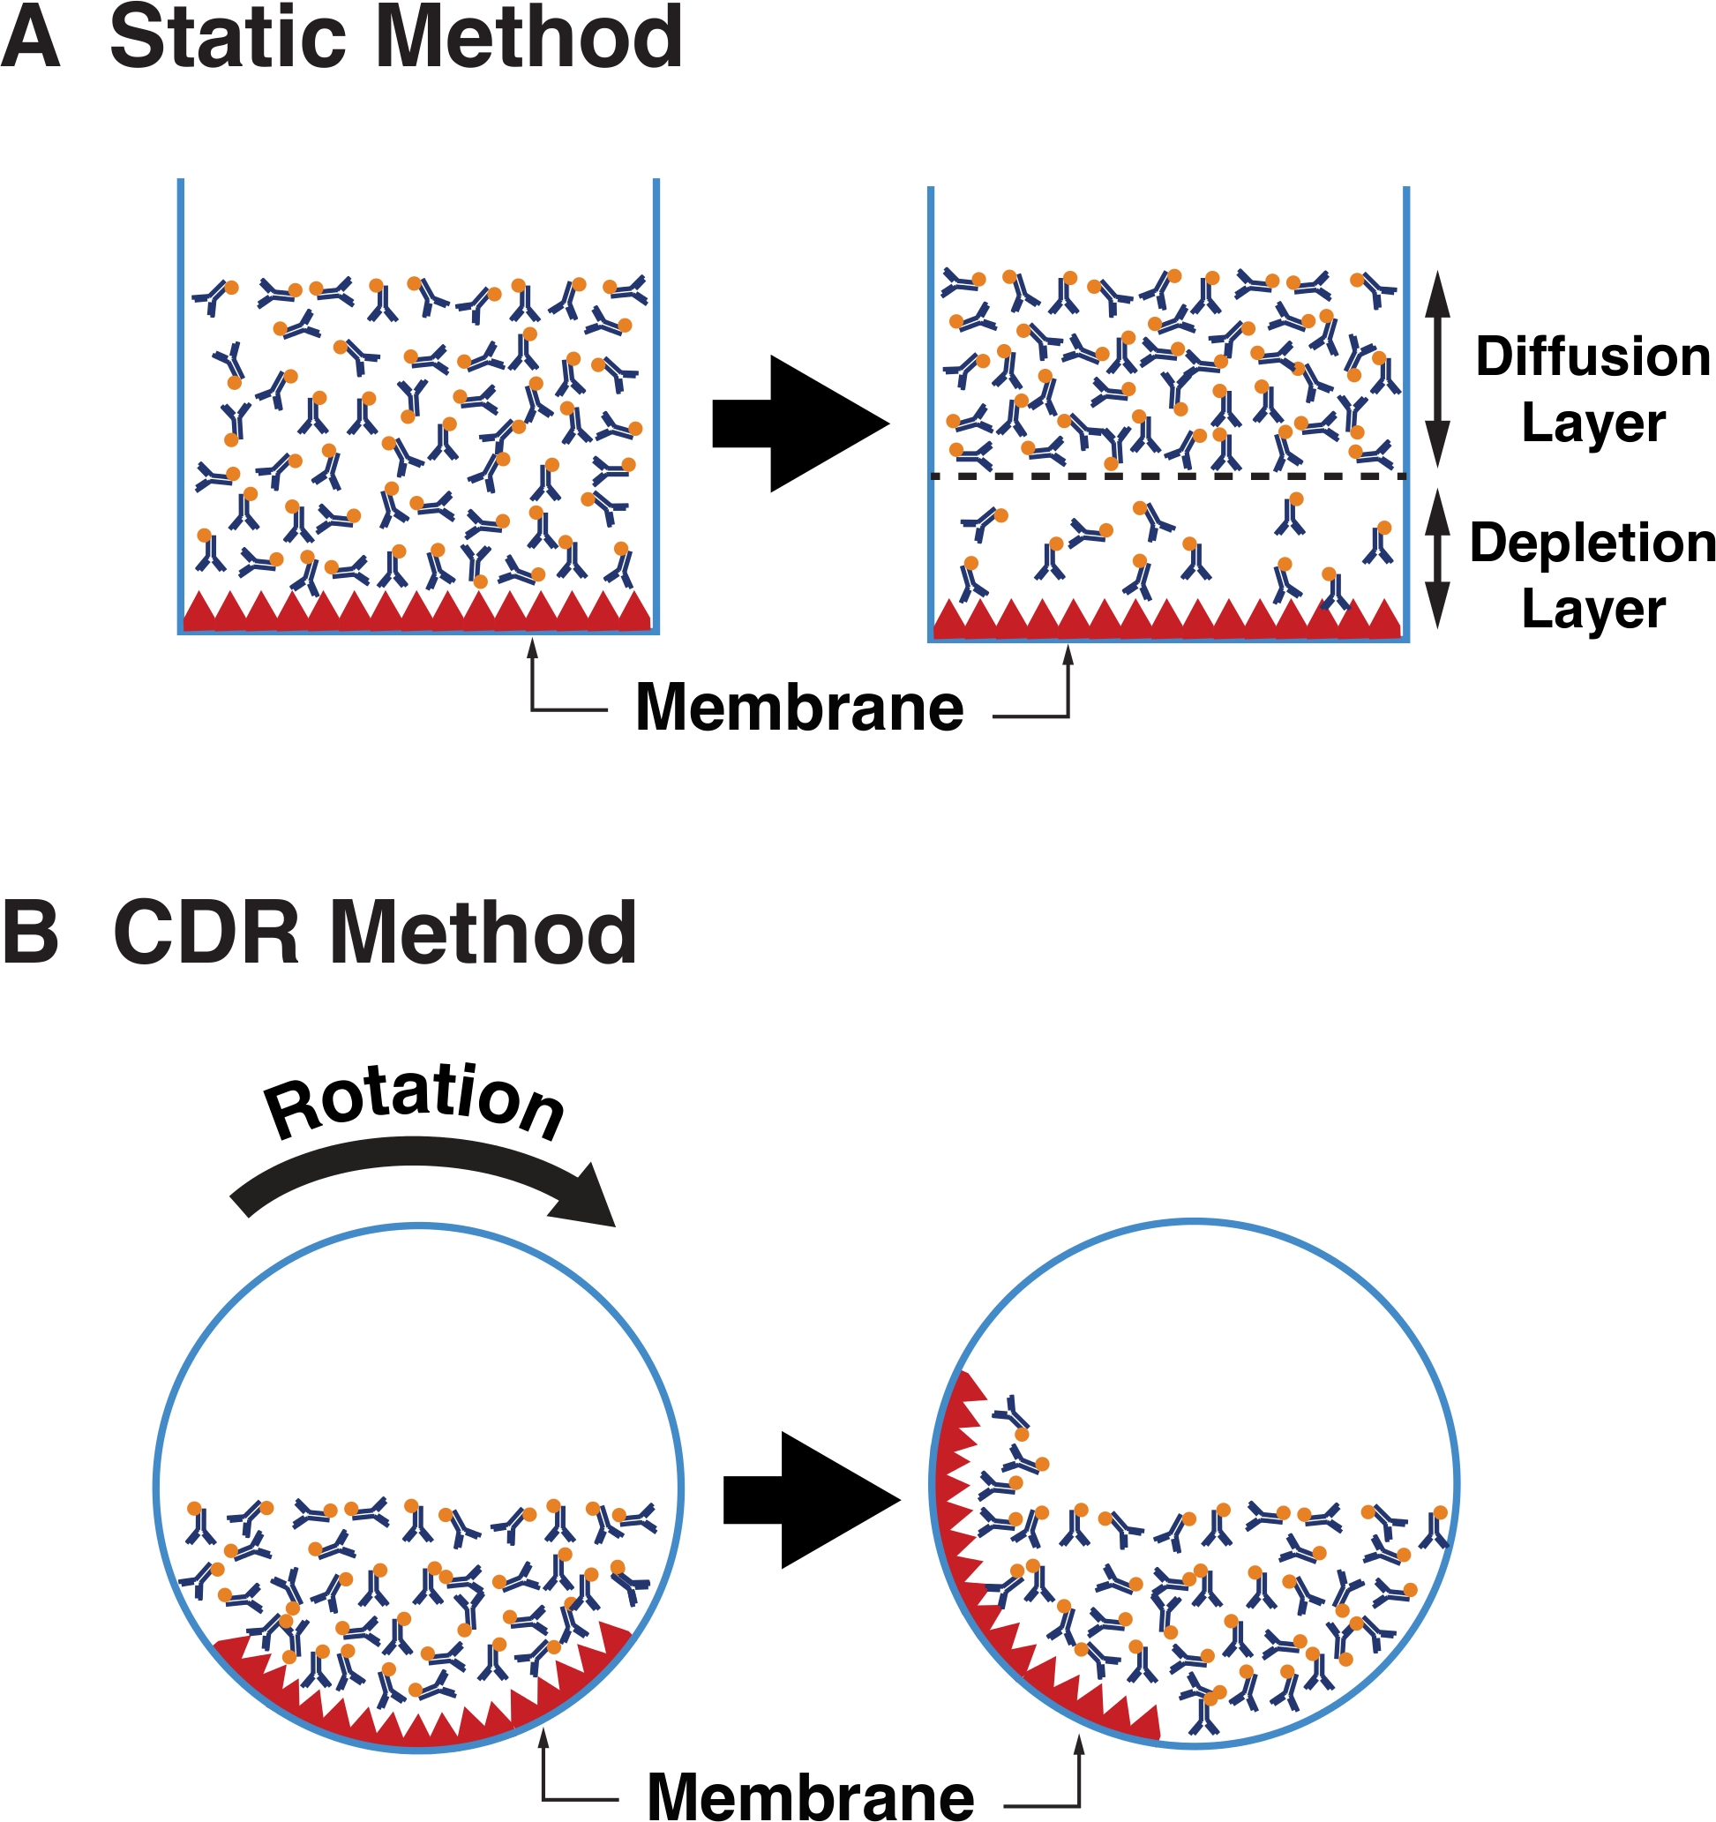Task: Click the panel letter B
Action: pos(30,933)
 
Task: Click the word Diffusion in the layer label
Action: pos(1592,356)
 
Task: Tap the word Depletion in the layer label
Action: pos(1592,544)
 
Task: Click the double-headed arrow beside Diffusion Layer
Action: pos(1437,369)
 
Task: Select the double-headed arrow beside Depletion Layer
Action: pos(1437,559)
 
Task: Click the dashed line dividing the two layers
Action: pos(1168,476)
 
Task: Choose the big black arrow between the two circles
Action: pos(812,1499)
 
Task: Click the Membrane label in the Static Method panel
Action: pos(799,709)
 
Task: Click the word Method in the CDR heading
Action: pos(483,933)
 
